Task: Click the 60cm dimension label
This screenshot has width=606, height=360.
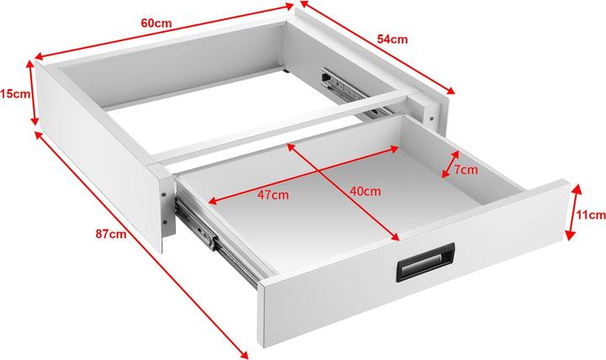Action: click(x=157, y=24)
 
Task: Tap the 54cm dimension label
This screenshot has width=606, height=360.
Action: click(x=392, y=39)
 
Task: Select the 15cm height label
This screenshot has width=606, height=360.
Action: click(x=15, y=93)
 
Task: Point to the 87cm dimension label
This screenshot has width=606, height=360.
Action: click(x=111, y=234)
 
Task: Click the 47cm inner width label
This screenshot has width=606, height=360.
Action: click(x=274, y=194)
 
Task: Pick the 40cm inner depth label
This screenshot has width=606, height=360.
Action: click(x=365, y=191)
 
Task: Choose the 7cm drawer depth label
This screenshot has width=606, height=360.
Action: click(x=465, y=170)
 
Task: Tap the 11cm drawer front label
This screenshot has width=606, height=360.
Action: click(x=591, y=214)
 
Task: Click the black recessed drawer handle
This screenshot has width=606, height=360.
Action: click(x=426, y=262)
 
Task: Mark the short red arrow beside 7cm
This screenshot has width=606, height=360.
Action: click(x=450, y=164)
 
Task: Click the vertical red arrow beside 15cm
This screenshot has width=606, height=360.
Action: click(x=33, y=93)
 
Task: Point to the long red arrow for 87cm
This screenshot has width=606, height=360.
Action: click(x=141, y=245)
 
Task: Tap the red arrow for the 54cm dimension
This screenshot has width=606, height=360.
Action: click(x=378, y=47)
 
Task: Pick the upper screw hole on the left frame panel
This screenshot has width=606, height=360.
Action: click(x=164, y=194)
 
